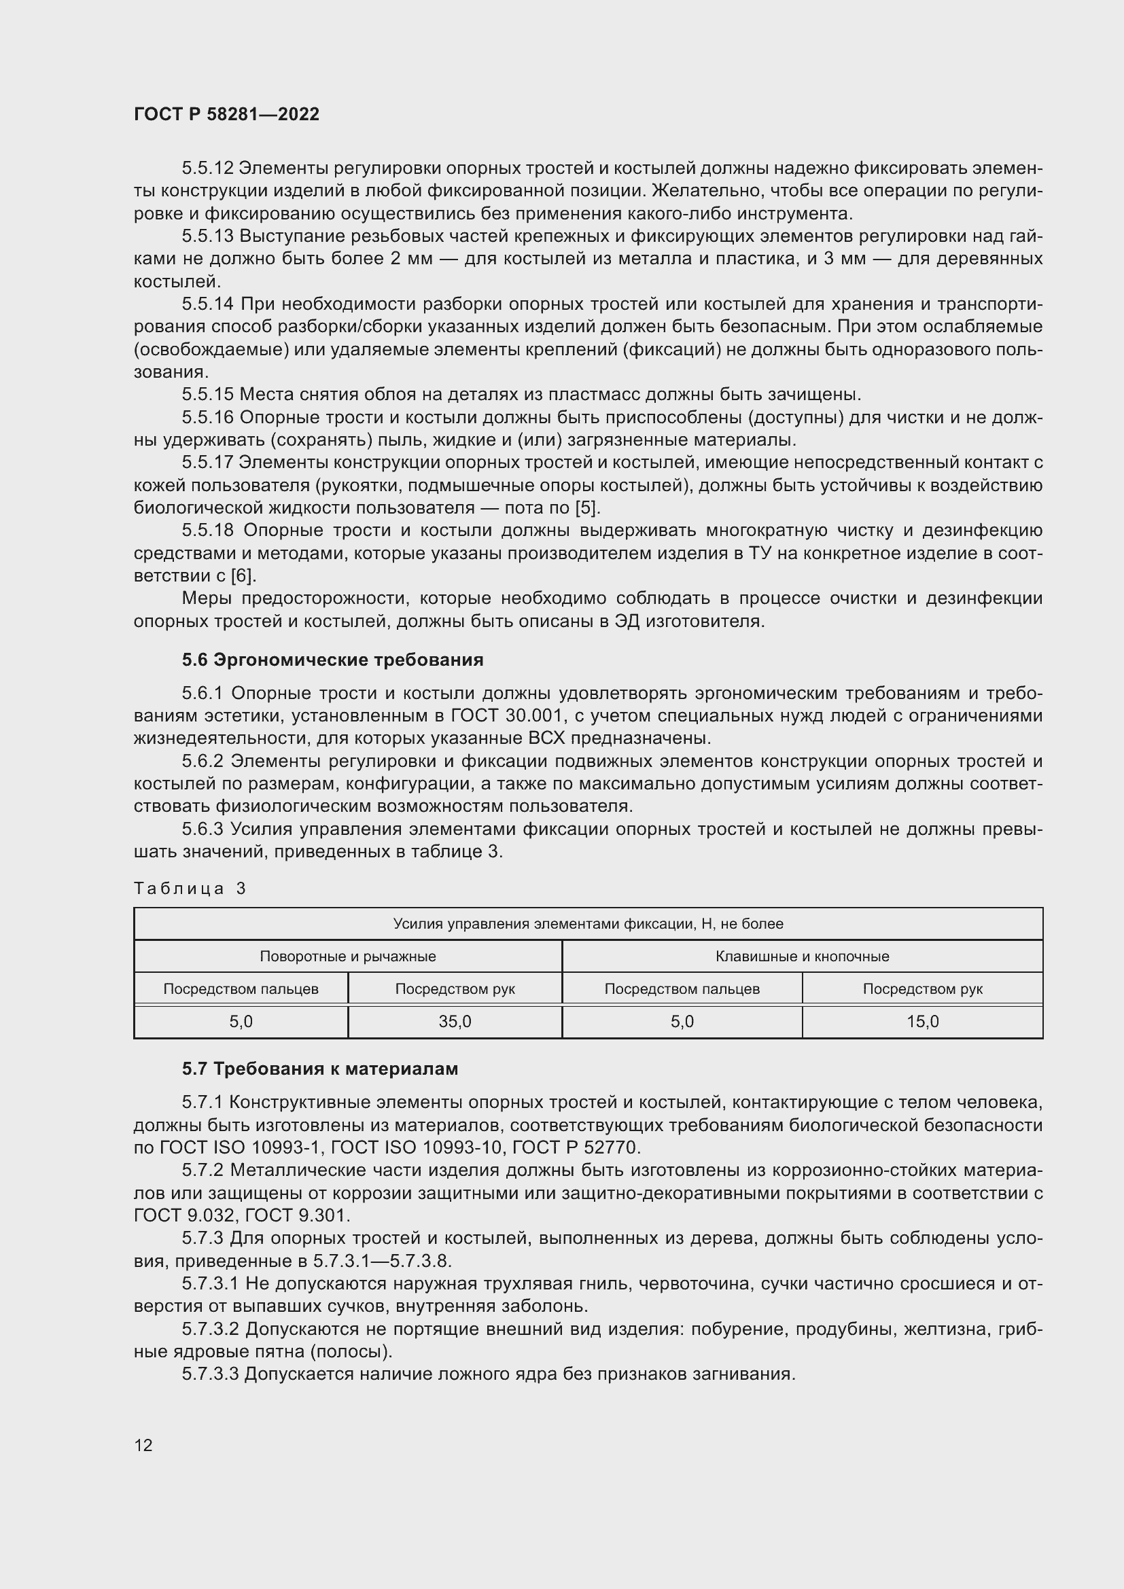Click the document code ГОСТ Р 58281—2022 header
point(226,114)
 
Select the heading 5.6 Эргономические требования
point(332,660)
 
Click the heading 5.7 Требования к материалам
point(320,1069)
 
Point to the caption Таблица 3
point(190,889)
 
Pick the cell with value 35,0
point(455,1022)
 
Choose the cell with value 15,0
point(922,1022)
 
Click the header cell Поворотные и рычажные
point(347,957)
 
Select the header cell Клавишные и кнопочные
point(801,957)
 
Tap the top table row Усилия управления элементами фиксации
point(588,924)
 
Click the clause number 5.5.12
point(208,168)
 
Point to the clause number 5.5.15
point(208,395)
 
